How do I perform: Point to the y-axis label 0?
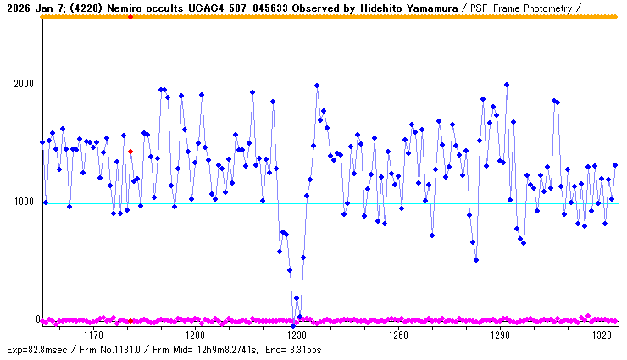pyautogui.click(x=37, y=319)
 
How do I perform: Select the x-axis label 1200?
pyautogui.click(x=195, y=335)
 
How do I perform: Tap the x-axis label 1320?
pyautogui.click(x=602, y=335)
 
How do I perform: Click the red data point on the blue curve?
pyautogui.click(x=130, y=152)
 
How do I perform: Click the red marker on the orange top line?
pyautogui.click(x=130, y=17)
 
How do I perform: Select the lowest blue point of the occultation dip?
pyautogui.click(x=293, y=325)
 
